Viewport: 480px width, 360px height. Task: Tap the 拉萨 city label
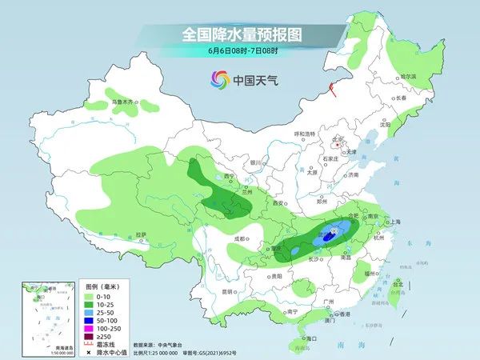coord(142,234)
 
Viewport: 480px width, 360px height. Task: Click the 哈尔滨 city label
coord(408,76)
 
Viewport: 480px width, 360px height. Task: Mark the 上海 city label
coord(394,222)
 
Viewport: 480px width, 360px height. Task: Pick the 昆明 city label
coord(229,290)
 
